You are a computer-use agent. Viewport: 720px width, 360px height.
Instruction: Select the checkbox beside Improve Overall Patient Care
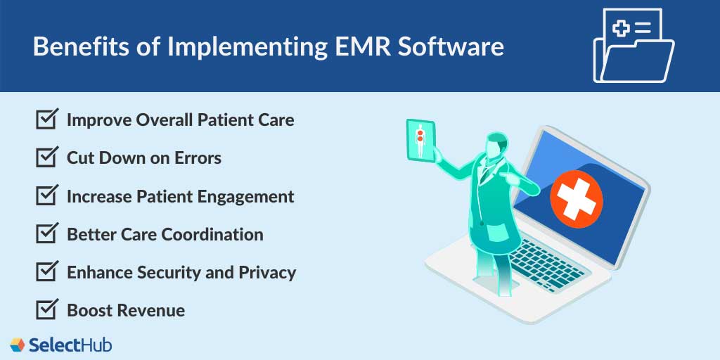pyautogui.click(x=46, y=120)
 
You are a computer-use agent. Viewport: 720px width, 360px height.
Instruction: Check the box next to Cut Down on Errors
pyautogui.click(x=46, y=157)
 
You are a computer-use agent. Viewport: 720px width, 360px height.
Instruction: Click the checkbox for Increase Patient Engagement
pyautogui.click(x=46, y=196)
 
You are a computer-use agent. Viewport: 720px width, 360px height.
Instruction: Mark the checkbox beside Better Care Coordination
pyautogui.click(x=46, y=234)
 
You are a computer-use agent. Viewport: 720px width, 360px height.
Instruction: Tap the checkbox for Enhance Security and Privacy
pyautogui.click(x=46, y=272)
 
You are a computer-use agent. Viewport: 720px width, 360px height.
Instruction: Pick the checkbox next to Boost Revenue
pyautogui.click(x=46, y=310)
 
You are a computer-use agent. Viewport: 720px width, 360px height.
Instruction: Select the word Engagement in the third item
pyautogui.click(x=245, y=197)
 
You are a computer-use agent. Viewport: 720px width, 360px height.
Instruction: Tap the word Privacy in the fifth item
pyautogui.click(x=269, y=273)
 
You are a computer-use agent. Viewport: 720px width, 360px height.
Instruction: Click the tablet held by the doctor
pyautogui.click(x=420, y=140)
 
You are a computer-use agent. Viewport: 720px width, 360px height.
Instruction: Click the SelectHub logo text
pyautogui.click(x=70, y=345)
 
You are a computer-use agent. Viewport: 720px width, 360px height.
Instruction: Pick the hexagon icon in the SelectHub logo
pyautogui.click(x=18, y=345)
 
